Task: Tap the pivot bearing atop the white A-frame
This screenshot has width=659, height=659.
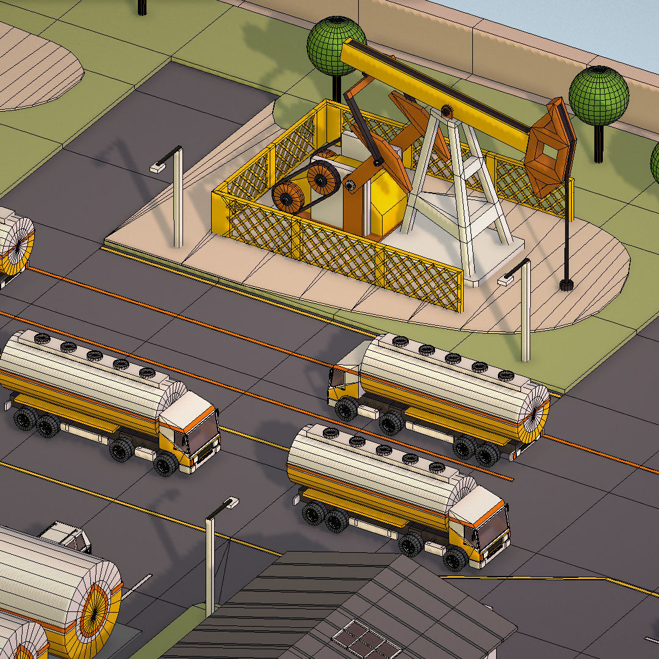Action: [x=447, y=111]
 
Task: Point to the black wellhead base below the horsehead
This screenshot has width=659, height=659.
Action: [x=566, y=284]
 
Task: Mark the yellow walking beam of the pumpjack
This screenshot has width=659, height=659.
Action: [x=427, y=92]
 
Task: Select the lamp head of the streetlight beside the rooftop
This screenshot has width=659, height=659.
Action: [x=230, y=503]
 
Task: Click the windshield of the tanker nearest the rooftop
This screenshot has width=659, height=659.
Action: [x=493, y=530]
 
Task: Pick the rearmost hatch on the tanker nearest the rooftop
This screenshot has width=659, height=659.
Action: [x=331, y=433]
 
